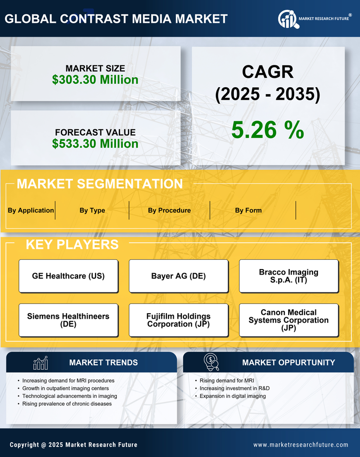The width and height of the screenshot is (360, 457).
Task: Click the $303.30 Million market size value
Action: (95, 79)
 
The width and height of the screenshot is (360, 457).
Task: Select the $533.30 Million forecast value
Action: (95, 144)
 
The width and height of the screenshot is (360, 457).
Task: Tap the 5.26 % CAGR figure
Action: (267, 130)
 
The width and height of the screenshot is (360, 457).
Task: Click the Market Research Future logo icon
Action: (287, 19)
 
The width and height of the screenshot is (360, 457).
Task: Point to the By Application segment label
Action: (31, 210)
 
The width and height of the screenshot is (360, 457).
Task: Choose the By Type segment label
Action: (92, 210)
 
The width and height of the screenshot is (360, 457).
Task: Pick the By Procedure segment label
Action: (169, 210)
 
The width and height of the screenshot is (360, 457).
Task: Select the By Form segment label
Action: (248, 210)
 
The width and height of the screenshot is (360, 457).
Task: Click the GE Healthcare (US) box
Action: (68, 276)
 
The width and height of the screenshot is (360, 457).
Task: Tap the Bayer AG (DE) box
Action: (178, 276)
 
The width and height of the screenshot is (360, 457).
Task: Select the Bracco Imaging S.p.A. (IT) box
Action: (289, 276)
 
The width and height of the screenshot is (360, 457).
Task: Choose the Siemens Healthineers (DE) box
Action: (68, 320)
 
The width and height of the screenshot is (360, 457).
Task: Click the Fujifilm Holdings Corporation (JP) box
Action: (178, 320)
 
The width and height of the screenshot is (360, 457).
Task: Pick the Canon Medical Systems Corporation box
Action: (289, 320)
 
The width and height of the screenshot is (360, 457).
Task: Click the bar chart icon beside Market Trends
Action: (41, 363)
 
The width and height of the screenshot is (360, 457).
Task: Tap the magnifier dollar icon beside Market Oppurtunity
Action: (211, 362)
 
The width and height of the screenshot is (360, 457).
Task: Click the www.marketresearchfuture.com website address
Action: (301, 445)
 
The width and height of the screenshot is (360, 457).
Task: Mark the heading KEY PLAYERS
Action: (72, 244)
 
